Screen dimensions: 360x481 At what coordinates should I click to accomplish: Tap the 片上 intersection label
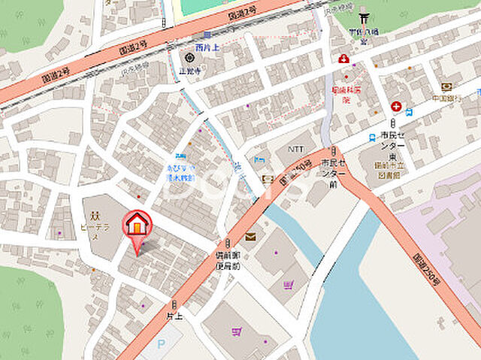[174, 316]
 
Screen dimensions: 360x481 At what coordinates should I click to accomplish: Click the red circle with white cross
[395, 107]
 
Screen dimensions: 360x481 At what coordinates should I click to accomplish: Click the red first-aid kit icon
[344, 58]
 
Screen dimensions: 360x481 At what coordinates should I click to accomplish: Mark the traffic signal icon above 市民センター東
[392, 123]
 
